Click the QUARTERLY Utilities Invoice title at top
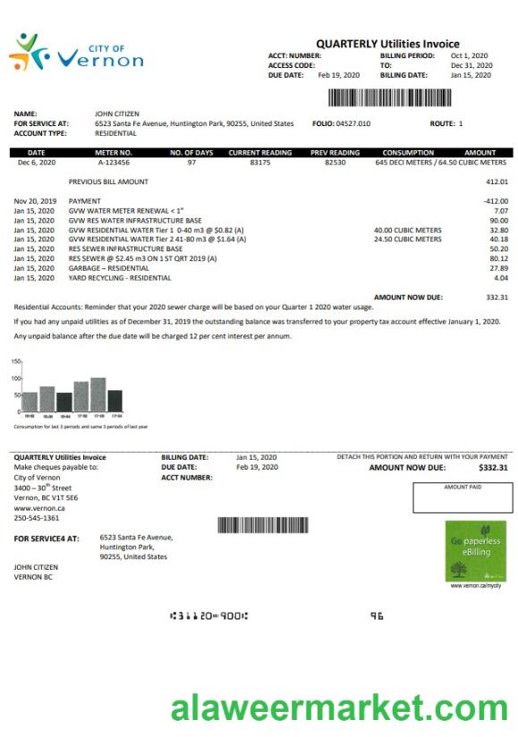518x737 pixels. tap(387, 44)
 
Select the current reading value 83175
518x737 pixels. tap(260, 163)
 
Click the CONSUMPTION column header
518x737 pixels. tap(408, 153)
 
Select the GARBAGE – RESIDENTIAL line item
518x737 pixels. tap(108, 267)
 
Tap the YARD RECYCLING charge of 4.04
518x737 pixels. tap(499, 277)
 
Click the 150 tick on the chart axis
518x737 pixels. tap(15, 362)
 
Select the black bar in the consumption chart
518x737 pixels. tap(115, 401)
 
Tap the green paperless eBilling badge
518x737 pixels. tap(474, 551)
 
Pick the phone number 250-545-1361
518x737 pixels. tap(37, 518)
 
